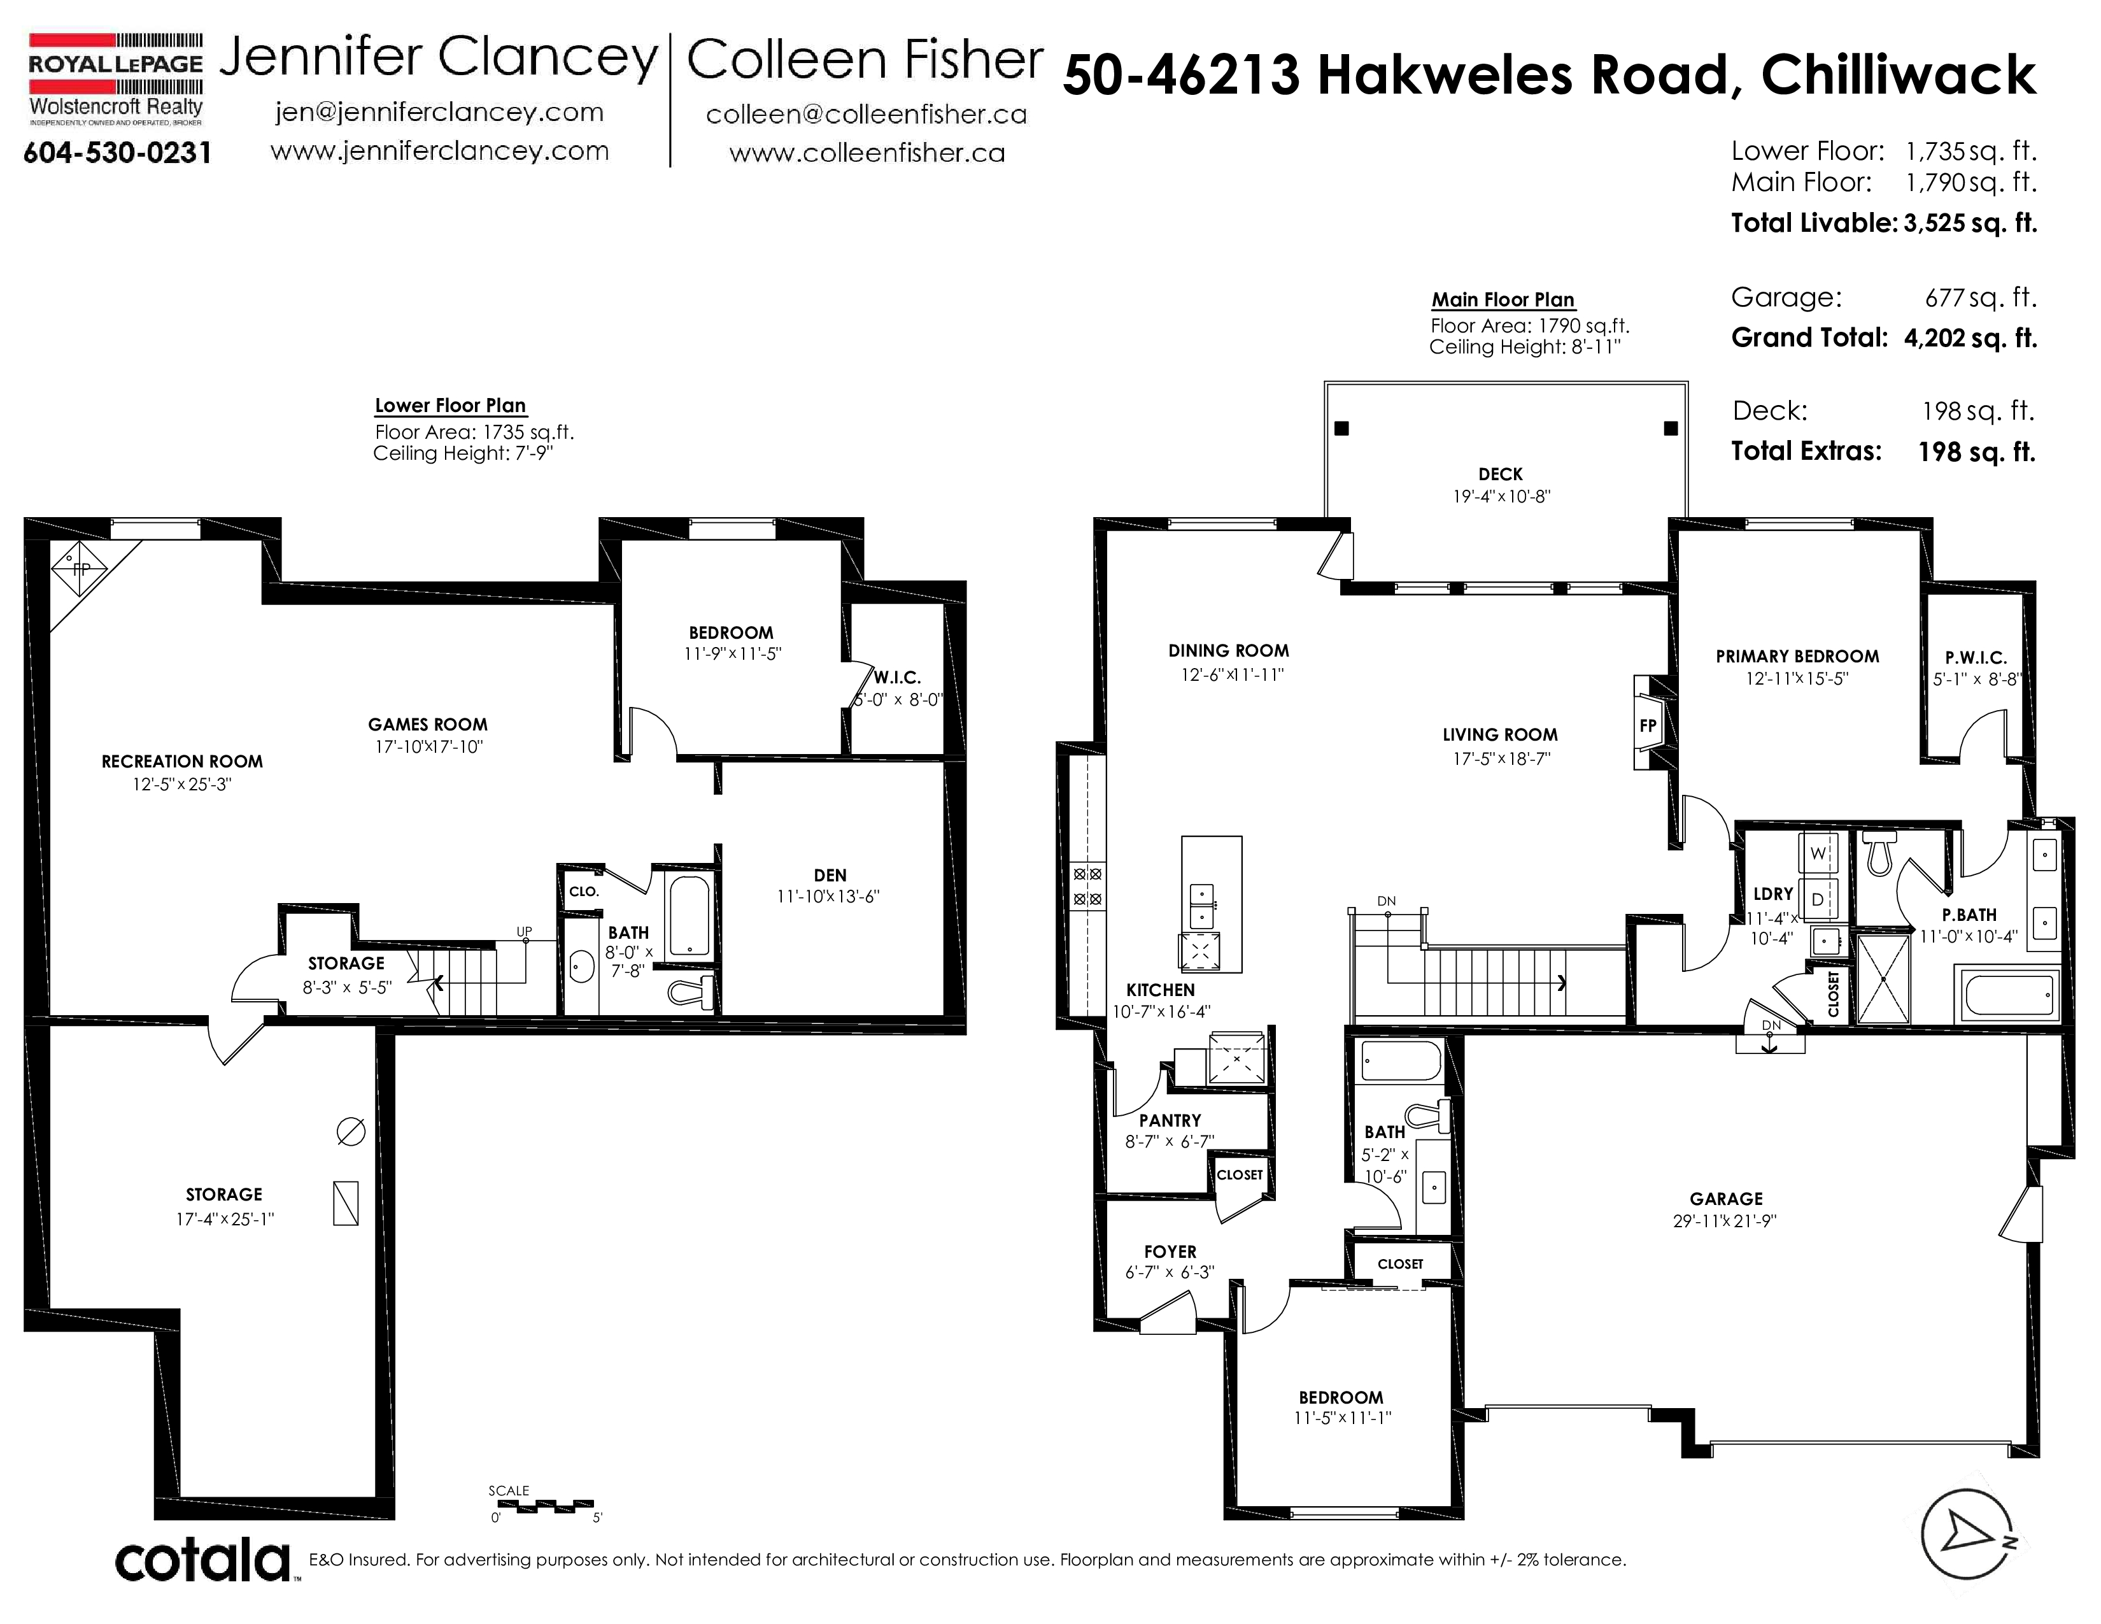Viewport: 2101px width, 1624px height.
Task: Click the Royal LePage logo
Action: [115, 80]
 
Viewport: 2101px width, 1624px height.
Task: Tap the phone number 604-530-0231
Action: [117, 153]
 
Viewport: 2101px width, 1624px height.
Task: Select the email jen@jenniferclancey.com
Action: [439, 113]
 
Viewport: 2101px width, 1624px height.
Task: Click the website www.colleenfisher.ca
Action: [867, 153]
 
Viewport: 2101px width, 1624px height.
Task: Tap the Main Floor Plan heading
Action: [1503, 299]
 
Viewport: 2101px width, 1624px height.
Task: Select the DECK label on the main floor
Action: [1501, 474]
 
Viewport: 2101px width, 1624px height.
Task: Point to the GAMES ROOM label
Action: [427, 725]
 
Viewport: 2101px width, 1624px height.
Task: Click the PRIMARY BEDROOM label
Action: [1797, 656]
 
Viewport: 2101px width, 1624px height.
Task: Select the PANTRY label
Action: [1170, 1121]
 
